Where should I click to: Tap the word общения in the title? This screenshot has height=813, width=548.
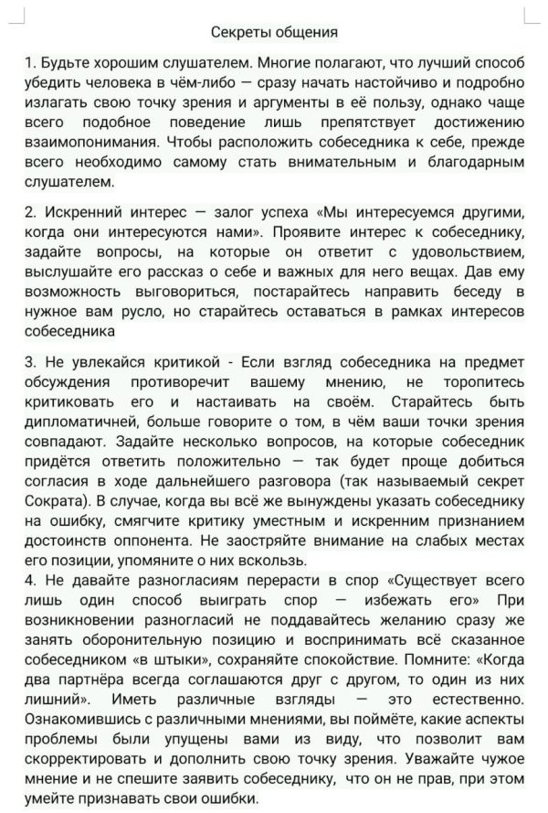[x=307, y=32]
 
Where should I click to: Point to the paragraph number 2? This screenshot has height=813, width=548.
[x=30, y=210]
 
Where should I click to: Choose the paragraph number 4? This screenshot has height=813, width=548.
[x=30, y=580]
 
